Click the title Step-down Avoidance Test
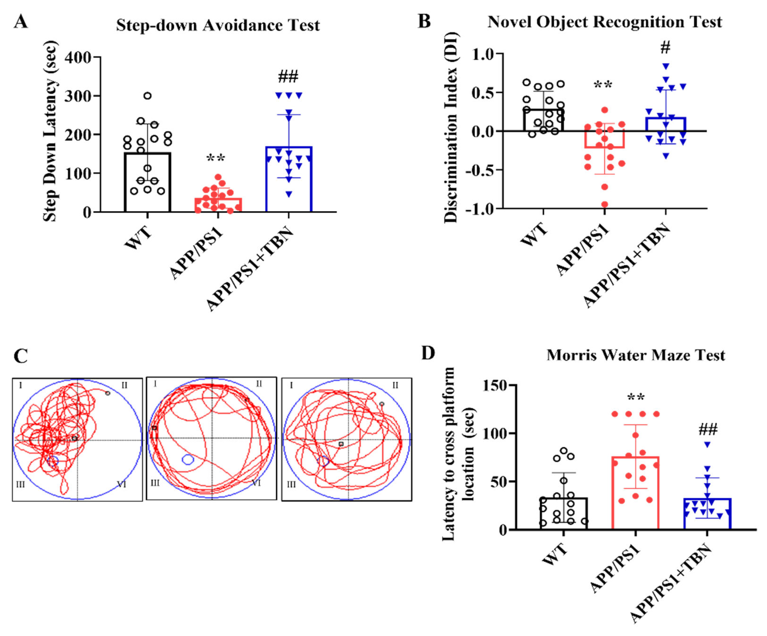pos(218,25)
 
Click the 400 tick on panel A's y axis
pos(78,57)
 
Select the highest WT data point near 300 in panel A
pos(148,96)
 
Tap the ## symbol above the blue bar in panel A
pos(288,76)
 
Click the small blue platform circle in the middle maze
pos(188,460)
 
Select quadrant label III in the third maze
pos(291,484)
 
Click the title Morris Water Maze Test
pos(636,355)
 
